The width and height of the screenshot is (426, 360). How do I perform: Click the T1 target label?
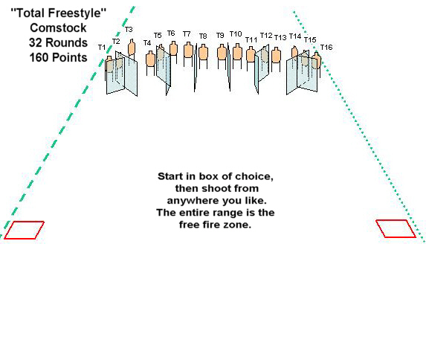(102, 48)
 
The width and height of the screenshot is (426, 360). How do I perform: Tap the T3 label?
(129, 29)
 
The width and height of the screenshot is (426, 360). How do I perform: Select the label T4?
(147, 42)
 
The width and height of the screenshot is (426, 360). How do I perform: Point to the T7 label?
(187, 33)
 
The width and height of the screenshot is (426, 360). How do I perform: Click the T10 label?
(236, 33)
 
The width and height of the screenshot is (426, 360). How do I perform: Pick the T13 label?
(280, 37)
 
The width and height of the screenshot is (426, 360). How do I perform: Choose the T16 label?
(326, 47)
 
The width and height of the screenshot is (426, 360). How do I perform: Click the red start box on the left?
(24, 230)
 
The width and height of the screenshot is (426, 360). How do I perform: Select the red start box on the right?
(396, 228)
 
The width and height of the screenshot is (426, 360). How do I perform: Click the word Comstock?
(58, 28)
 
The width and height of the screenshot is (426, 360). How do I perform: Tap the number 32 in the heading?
(36, 42)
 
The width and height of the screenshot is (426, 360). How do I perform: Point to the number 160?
(39, 57)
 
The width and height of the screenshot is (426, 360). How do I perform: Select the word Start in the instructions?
(170, 176)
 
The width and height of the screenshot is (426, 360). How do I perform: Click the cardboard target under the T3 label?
(132, 48)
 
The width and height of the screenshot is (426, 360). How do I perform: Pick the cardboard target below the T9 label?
(222, 52)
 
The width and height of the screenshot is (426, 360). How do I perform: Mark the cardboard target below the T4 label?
(150, 59)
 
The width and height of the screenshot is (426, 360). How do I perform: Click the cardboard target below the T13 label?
(277, 55)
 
